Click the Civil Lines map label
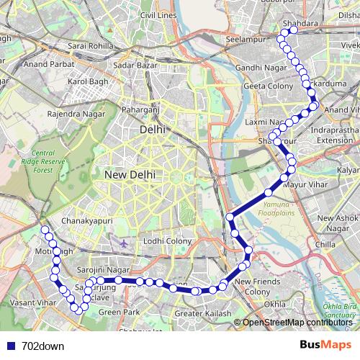pyautogui.click(x=158, y=15)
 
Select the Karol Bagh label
pyautogui.click(x=86, y=82)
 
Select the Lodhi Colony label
pyautogui.click(x=168, y=240)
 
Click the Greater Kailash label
pyautogui.click(x=203, y=314)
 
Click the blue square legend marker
pyautogui.click(x=11, y=346)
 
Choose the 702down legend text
pyautogui.click(x=42, y=346)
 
